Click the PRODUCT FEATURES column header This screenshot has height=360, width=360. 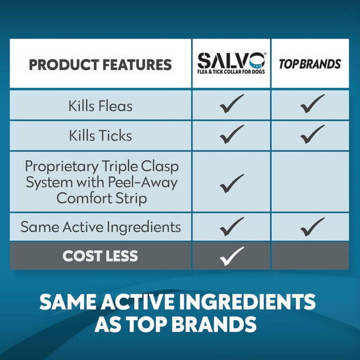(101, 65)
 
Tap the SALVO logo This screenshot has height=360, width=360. (232, 63)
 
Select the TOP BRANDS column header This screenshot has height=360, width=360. (310, 64)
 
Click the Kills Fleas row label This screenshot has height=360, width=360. (101, 106)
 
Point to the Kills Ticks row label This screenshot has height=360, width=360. (101, 135)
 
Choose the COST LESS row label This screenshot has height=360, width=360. (100, 256)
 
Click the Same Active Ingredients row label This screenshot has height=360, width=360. (101, 227)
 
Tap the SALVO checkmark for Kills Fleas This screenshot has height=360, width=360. (232, 104)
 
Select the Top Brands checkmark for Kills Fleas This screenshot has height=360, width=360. (312, 104)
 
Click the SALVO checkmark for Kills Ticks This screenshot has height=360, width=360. (232, 134)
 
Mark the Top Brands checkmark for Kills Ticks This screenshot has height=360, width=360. (312, 134)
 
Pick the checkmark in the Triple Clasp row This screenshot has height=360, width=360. (232, 184)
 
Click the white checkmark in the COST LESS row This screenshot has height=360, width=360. (232, 256)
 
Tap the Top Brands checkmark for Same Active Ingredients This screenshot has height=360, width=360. (312, 227)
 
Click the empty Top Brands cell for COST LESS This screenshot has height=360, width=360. (310, 256)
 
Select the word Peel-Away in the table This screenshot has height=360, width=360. (143, 183)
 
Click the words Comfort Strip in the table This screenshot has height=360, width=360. (102, 198)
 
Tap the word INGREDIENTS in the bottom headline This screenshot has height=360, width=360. (247, 302)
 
